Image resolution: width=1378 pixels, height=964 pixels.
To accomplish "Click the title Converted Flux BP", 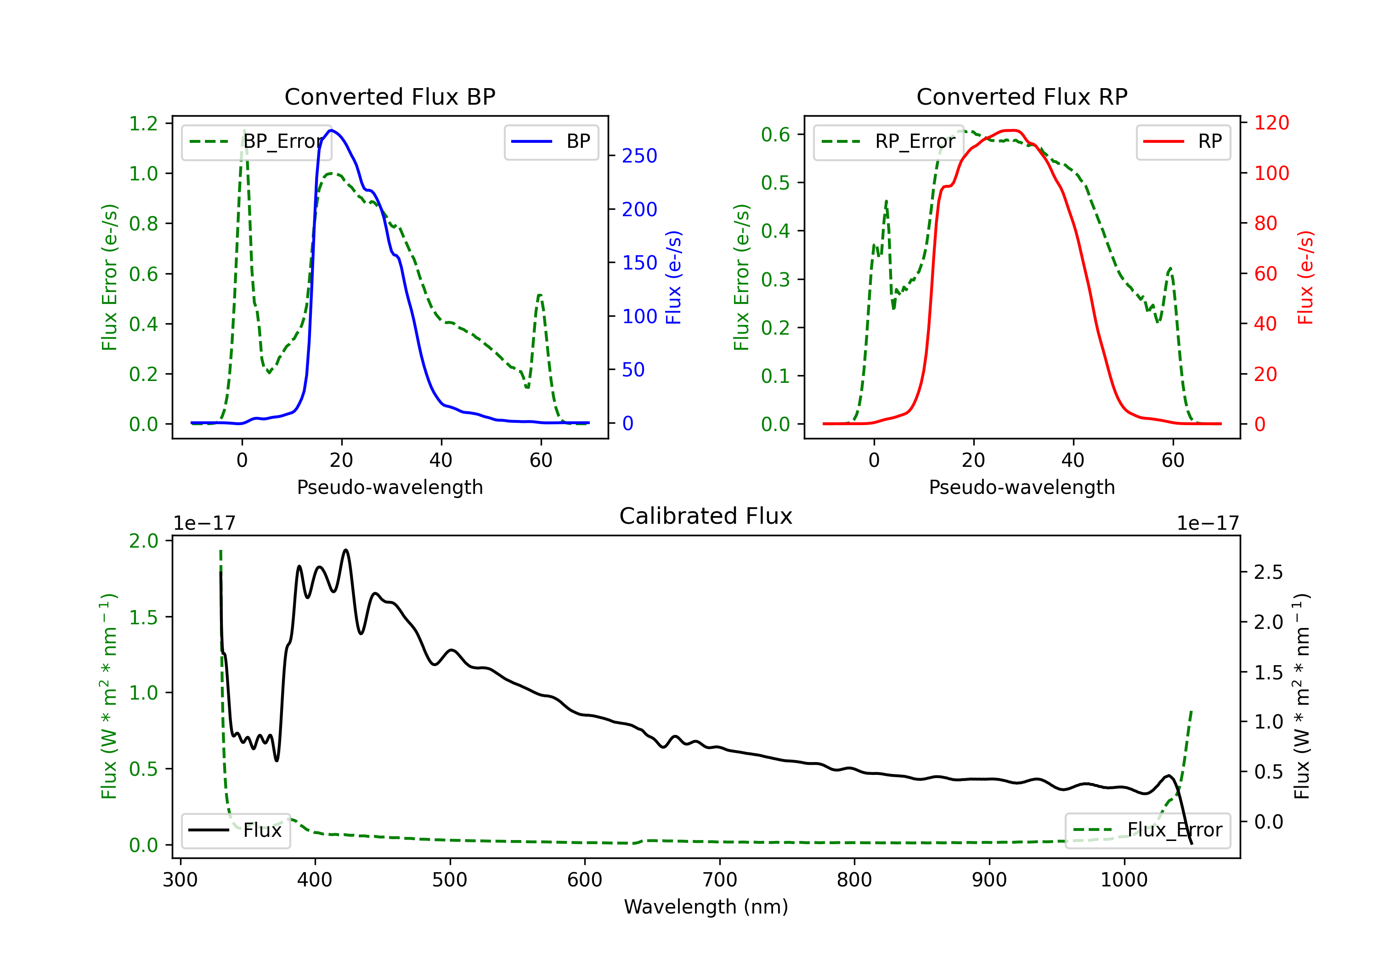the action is coord(390,96).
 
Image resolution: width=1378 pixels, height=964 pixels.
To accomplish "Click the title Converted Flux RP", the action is coord(1022,96).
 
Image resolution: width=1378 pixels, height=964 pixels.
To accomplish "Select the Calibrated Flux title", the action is coord(706,516).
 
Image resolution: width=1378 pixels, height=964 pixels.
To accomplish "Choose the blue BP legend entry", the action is coord(551,141).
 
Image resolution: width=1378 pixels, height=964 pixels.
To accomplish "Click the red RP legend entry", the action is coord(1183,141).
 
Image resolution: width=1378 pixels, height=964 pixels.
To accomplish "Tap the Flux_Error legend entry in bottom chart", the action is coord(1147,831).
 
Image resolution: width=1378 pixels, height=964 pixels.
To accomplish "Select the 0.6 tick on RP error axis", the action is coord(775,135).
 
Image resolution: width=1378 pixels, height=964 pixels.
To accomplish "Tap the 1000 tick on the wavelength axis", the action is coord(1124,880).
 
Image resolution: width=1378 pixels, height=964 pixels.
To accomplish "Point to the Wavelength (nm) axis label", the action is coord(706,907).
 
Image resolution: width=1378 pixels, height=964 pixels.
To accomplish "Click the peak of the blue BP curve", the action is coord(331,130).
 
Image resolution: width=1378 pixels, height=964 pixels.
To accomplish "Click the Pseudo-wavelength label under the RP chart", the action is coord(1022,487).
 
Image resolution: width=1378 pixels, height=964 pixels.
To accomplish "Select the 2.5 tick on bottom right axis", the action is coord(1268,572).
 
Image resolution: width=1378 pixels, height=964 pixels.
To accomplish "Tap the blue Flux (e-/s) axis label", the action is coord(673,278).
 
